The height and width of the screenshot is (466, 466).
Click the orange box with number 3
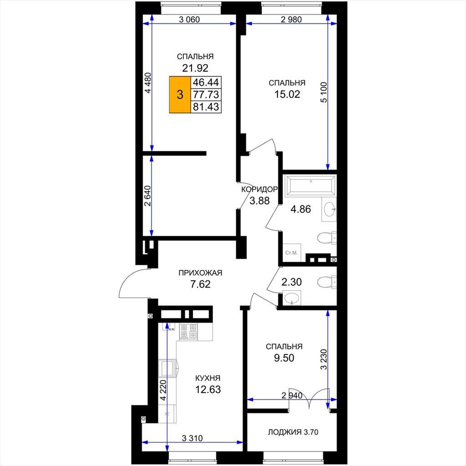click(x=180, y=95)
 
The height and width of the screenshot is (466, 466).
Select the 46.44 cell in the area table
click(x=206, y=82)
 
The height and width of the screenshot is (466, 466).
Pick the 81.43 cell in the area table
click(x=206, y=106)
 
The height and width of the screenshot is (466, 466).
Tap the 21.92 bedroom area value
click(x=195, y=68)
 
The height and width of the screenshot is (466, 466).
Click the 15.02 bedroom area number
click(x=287, y=94)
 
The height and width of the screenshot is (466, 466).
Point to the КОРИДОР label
click(x=259, y=189)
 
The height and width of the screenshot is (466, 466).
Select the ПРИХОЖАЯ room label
click(x=200, y=273)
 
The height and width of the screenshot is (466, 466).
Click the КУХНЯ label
click(x=208, y=378)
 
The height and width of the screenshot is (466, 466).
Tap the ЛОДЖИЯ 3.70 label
click(x=293, y=432)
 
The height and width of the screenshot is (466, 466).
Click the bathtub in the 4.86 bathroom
click(x=310, y=186)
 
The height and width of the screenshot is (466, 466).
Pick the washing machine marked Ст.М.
click(x=292, y=253)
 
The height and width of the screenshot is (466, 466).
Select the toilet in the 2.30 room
click(x=327, y=282)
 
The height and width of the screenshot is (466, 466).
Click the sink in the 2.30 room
click(x=292, y=298)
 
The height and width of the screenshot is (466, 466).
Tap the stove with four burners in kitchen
click(x=188, y=331)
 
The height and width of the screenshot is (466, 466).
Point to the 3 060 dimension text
click(x=189, y=20)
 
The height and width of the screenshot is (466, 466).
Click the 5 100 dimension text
click(x=324, y=92)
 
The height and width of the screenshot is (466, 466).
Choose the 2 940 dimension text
click(x=292, y=395)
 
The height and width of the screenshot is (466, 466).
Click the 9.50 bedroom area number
click(x=284, y=358)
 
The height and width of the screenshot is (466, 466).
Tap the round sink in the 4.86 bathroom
click(x=329, y=210)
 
